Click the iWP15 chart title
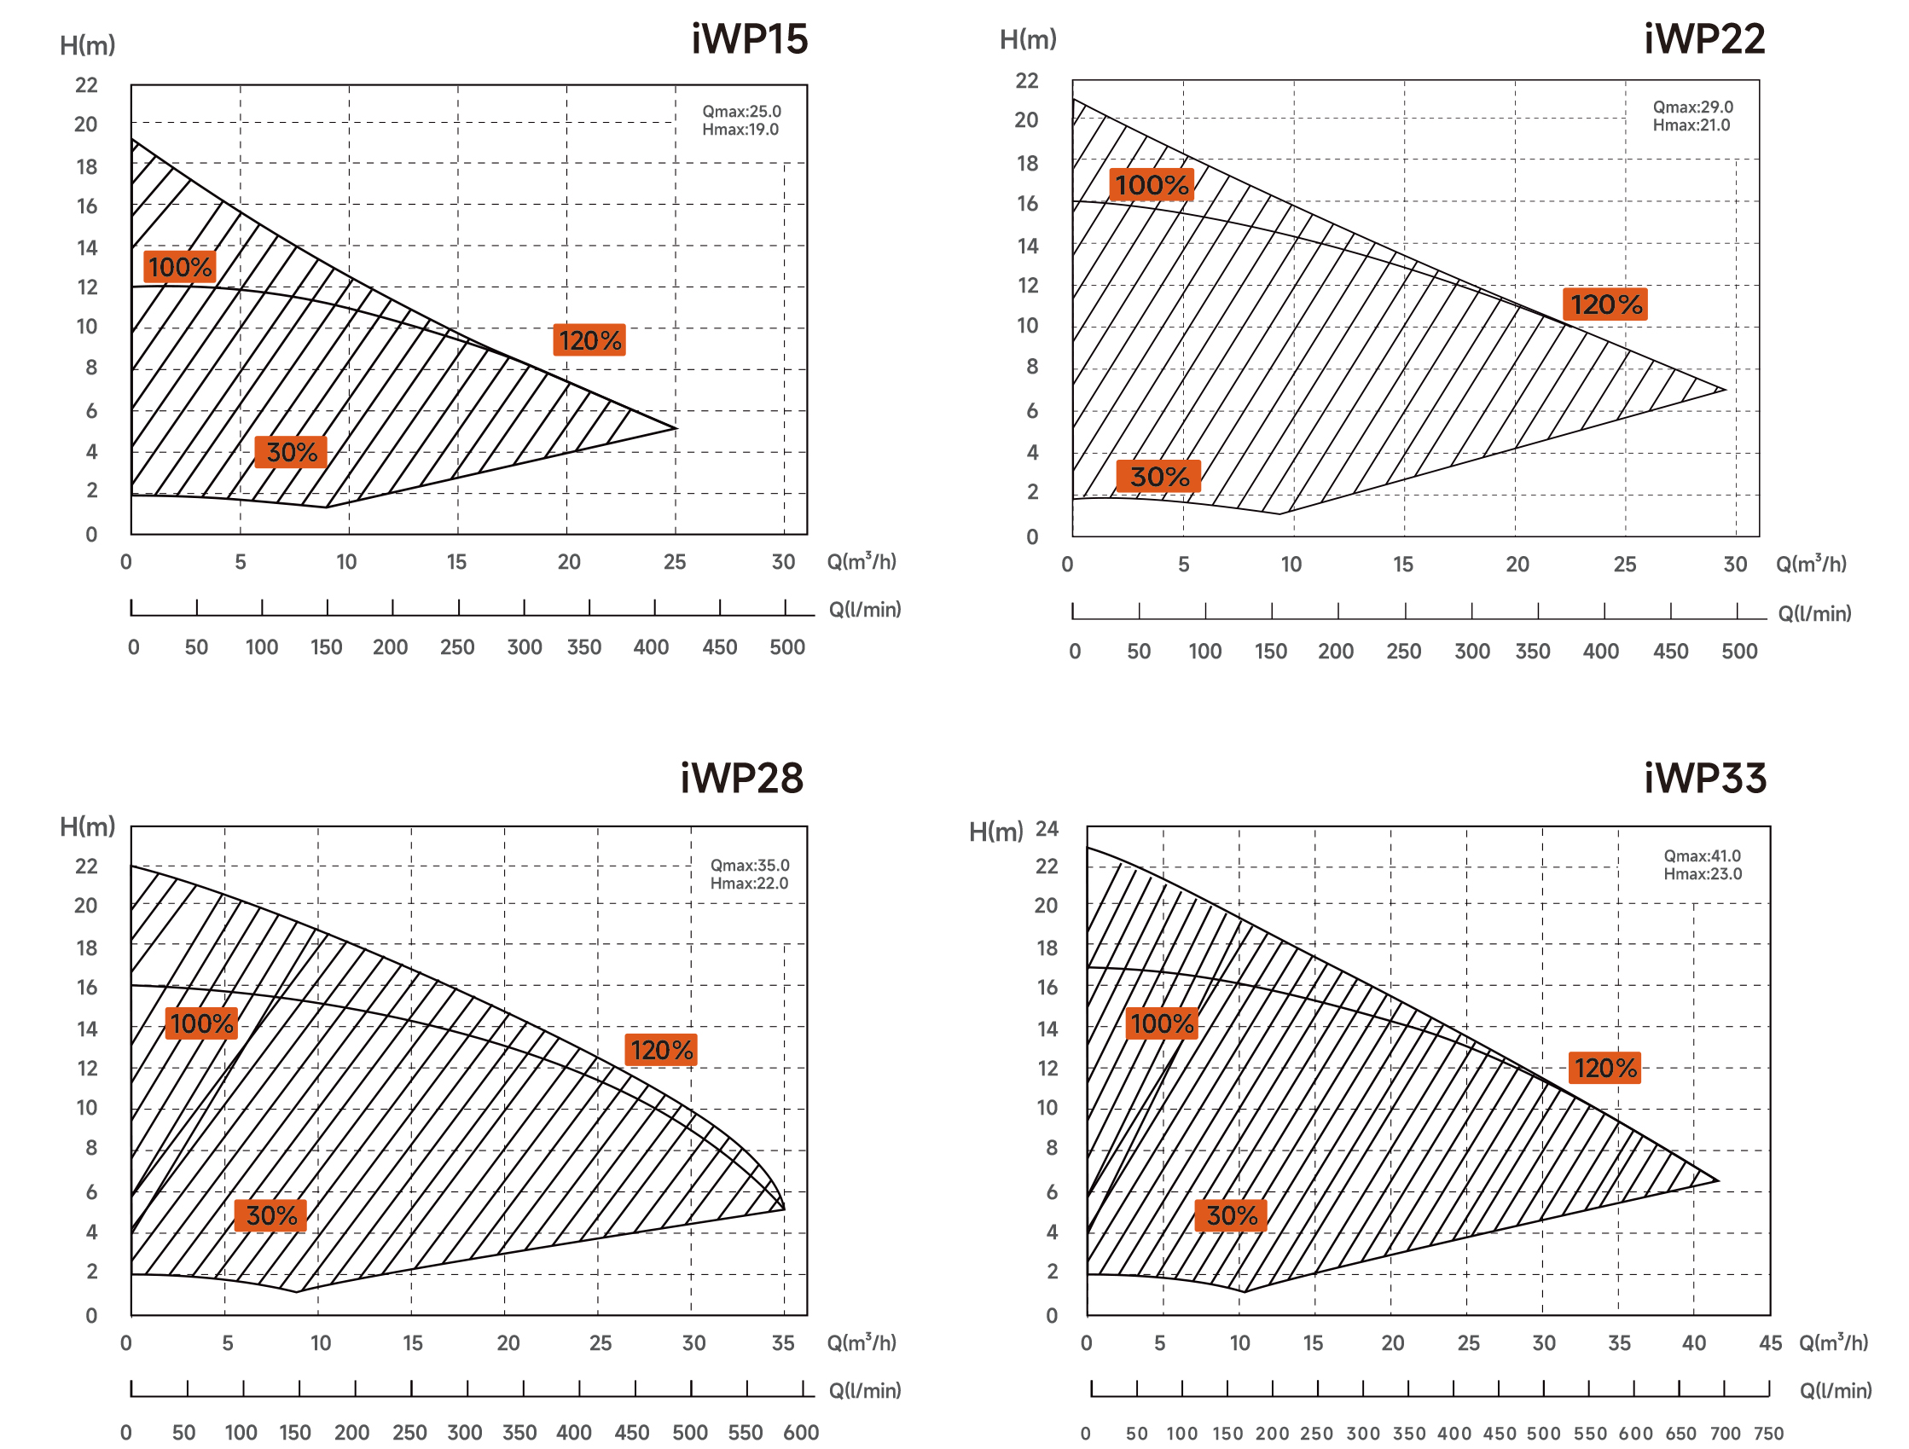[749, 40]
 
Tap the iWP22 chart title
[1703, 40]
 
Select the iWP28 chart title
[741, 779]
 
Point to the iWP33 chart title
[1704, 779]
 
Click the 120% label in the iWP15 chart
[589, 341]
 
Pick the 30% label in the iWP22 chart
[1158, 477]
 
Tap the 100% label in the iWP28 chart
[201, 1023]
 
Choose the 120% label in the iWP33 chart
[1604, 1068]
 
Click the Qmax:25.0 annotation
[741, 112]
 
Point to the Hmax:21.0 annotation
[1691, 125]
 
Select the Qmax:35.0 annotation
[749, 865]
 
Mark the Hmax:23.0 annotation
[1702, 873]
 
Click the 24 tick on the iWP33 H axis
[1047, 828]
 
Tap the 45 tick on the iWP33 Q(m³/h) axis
[1770, 1343]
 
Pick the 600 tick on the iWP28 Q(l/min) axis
[800, 1433]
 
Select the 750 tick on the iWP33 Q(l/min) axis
[1768, 1434]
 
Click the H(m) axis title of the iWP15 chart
[87, 45]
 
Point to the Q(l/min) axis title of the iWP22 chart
[1814, 613]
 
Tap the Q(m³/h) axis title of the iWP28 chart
[862, 1343]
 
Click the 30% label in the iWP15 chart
[291, 452]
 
